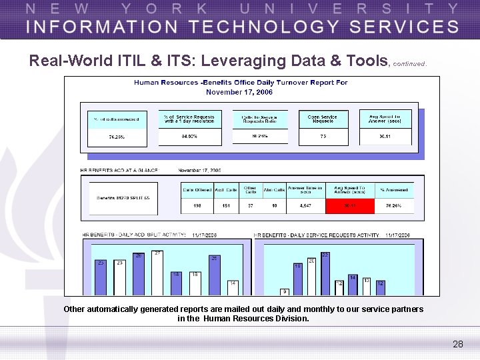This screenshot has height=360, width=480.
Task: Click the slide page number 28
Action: pos(457,344)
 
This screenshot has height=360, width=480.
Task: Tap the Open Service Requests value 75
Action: pos(323,136)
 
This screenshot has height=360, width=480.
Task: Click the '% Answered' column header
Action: pos(394,189)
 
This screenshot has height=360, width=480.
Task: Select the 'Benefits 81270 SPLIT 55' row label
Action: pos(124,198)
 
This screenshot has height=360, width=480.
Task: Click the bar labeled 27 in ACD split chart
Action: pos(158,273)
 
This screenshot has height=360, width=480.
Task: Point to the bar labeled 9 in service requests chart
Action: pos(285,292)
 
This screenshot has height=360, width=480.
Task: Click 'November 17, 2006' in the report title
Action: pos(239,91)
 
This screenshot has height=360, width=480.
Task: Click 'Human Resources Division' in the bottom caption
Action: pos(256,319)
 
